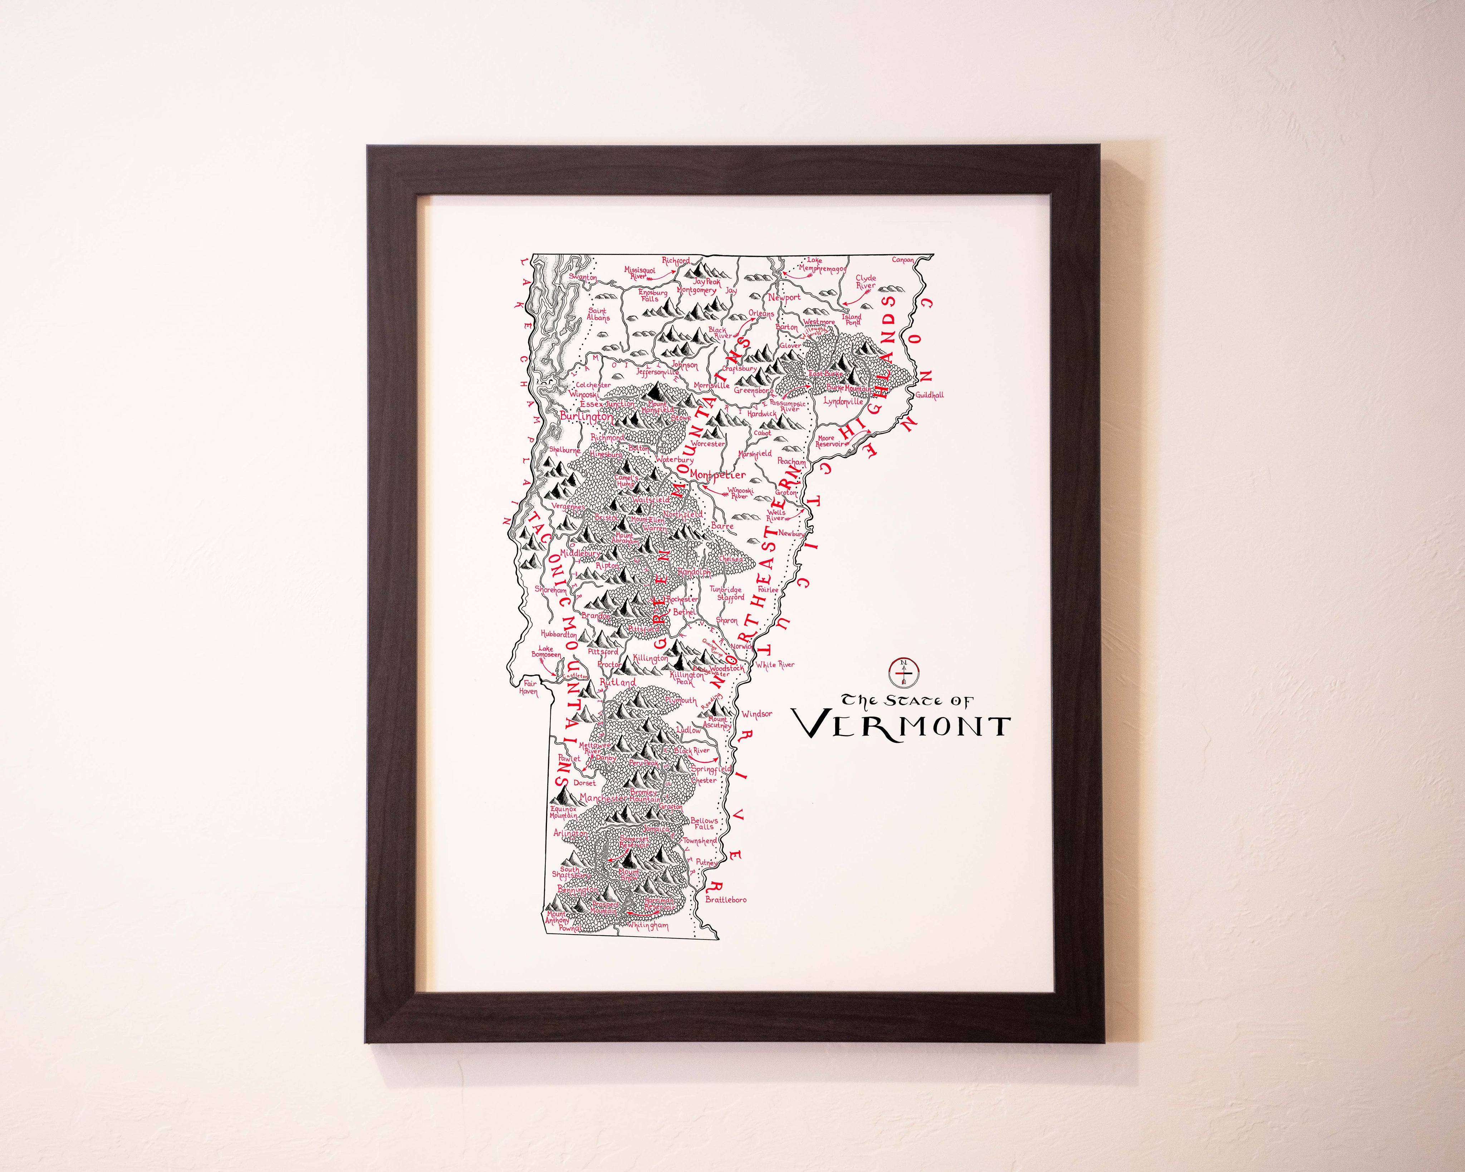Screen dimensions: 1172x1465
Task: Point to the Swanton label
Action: [583, 277]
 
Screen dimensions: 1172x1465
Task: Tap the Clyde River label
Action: [866, 281]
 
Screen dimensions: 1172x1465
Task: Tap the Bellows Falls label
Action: [704, 823]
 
